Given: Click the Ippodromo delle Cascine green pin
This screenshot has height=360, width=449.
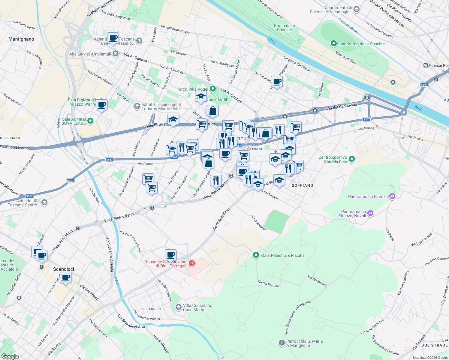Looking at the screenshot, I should (333, 44).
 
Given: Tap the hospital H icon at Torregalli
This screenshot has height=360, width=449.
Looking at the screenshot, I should (191, 264).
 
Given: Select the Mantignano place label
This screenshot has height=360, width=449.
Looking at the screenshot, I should (21, 39).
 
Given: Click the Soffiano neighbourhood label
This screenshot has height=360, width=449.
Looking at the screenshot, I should (302, 185).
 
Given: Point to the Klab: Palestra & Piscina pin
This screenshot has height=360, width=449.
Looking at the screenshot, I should (256, 255).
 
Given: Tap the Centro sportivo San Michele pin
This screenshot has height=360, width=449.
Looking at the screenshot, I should (352, 159).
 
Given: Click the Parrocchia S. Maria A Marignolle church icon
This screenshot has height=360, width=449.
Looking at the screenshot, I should (282, 343).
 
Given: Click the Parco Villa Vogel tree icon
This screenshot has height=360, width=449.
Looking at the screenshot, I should (212, 88).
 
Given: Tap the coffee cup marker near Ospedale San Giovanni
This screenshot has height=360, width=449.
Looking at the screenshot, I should (170, 255).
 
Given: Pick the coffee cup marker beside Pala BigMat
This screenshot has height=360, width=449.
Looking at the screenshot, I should (101, 105).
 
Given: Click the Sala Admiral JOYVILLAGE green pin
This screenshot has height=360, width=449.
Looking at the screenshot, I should (90, 121).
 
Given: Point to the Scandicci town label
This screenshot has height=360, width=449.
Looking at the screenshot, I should (63, 269).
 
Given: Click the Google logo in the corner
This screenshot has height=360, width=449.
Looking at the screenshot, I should (10, 356).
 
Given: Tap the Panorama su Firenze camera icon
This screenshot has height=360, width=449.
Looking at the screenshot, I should (392, 196).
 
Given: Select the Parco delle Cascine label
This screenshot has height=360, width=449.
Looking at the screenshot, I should (284, 28).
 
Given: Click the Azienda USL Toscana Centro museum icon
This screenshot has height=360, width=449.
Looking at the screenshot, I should (44, 202).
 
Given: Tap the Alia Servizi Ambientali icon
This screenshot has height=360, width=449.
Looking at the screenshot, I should (116, 54).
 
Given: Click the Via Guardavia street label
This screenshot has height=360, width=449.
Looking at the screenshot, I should (258, 223).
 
